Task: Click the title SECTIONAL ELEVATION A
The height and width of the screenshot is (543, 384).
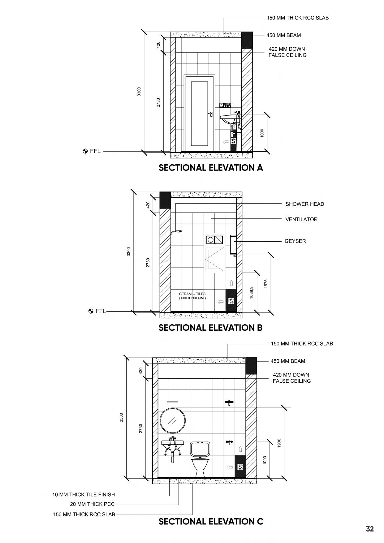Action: (x=211, y=168)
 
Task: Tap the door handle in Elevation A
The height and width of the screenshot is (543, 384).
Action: (x=210, y=114)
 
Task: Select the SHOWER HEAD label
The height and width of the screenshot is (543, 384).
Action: (x=305, y=204)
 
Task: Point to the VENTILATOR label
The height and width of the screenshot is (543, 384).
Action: (x=301, y=219)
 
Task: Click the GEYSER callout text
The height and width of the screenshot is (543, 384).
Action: (x=295, y=241)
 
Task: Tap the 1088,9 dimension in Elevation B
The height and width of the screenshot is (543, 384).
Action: (x=251, y=292)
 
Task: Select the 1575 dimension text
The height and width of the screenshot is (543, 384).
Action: (x=266, y=284)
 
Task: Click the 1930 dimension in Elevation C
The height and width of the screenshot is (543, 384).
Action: (x=279, y=443)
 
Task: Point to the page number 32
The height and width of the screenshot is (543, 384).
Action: (x=370, y=529)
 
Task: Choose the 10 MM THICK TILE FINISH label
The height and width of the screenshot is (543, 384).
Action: (x=84, y=494)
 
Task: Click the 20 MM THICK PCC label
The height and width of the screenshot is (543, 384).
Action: (x=92, y=504)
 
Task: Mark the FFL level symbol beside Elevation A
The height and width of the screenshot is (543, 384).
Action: (x=85, y=151)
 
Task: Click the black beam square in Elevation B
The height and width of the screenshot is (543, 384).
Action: (x=165, y=200)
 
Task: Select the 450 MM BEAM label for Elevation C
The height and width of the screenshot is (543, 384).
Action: (x=288, y=361)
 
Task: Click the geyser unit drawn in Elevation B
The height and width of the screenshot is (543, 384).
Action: (x=233, y=245)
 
